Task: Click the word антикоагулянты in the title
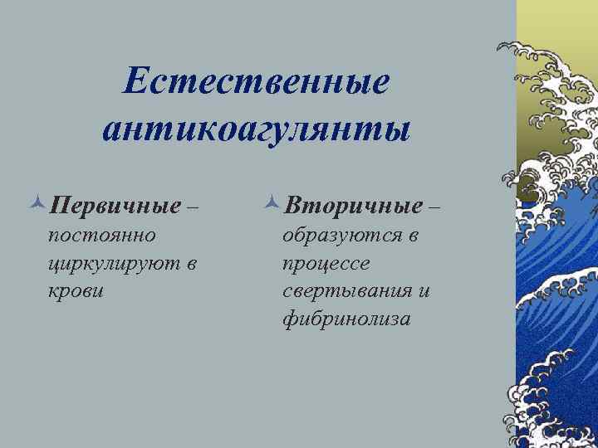tap(257, 131)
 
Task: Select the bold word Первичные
tap(115, 204)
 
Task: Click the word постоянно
tap(102, 236)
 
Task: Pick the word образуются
tap(339, 236)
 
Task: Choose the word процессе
tap(326, 264)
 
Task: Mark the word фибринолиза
tap(346, 319)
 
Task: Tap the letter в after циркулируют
tap(192, 264)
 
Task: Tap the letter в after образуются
tap(413, 236)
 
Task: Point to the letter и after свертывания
tap(424, 291)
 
